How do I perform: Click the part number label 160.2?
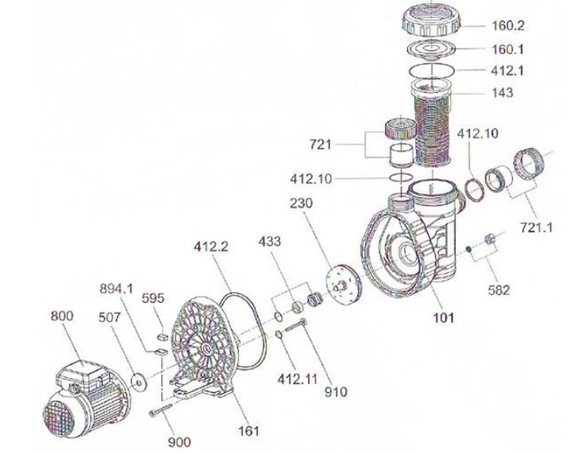508,26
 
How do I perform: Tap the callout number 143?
502,93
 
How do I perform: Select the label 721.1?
536,228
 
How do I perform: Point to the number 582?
499,290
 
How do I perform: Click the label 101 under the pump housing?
444,318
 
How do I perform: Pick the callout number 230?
301,204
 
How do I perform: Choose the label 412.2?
211,247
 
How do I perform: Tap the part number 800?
61,316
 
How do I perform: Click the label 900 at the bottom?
180,442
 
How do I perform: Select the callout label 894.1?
117,289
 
